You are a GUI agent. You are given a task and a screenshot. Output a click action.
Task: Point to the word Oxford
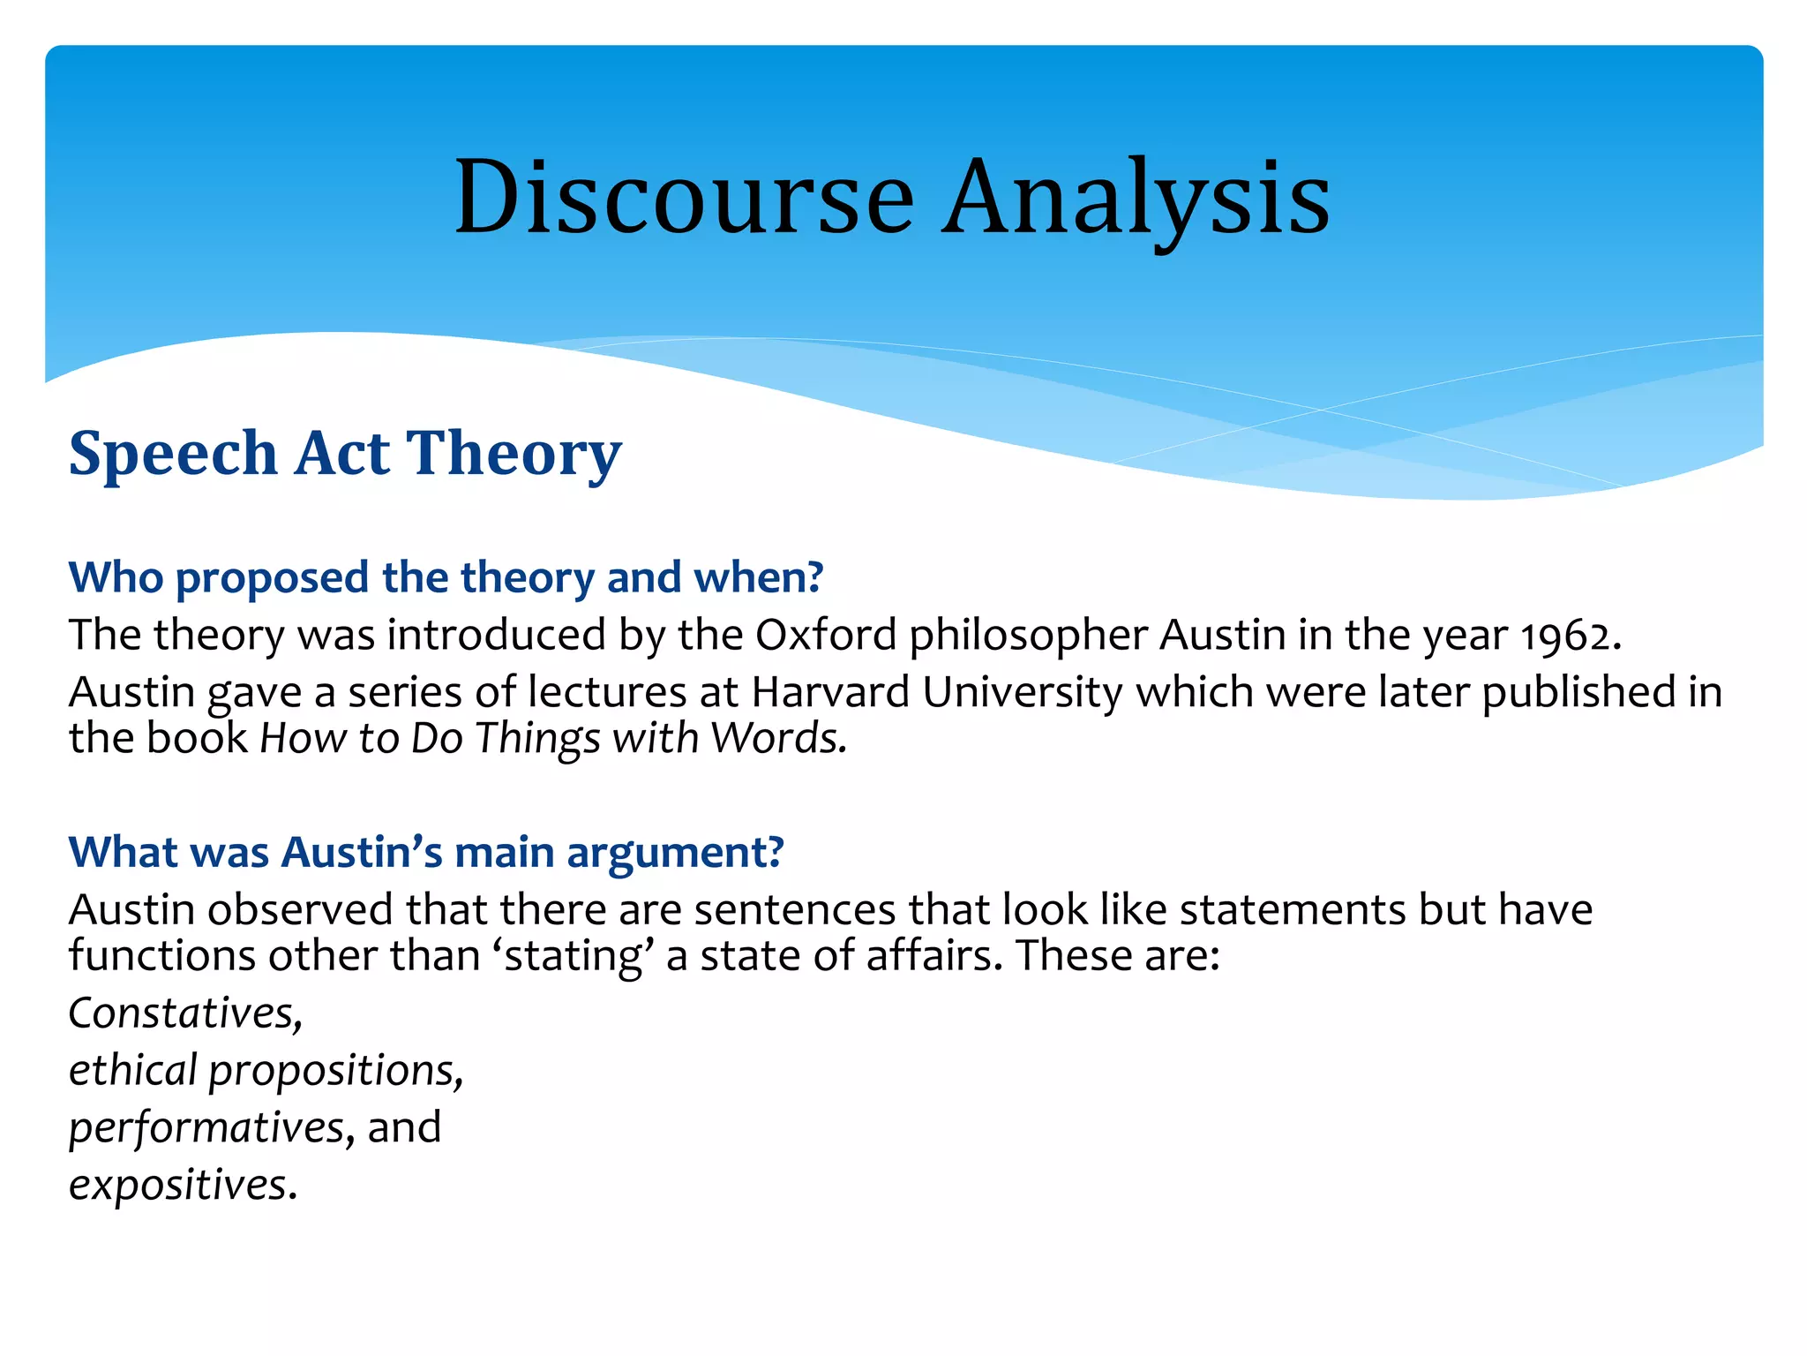pos(826,636)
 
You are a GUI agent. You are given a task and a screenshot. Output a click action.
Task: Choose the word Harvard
pos(830,692)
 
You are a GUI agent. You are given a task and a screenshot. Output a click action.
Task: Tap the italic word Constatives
pos(184,1013)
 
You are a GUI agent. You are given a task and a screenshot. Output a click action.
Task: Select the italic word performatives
pos(206,1128)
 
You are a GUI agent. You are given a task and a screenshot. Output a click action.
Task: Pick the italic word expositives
pos(179,1186)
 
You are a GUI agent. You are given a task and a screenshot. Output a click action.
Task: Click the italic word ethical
pos(132,1070)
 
